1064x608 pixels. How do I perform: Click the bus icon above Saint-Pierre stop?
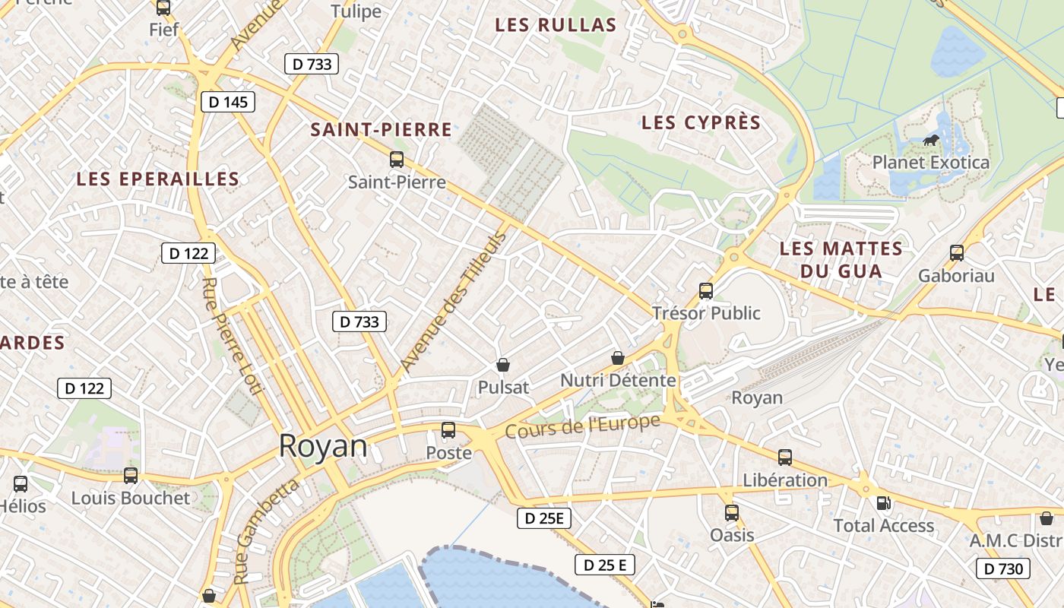396,160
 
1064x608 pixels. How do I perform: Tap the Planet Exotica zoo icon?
930,140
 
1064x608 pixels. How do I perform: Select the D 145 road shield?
228,102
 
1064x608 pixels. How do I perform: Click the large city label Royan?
323,446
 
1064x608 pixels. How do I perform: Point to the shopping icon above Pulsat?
502,365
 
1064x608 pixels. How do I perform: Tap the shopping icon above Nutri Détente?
618,357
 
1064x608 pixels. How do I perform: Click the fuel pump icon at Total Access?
883,503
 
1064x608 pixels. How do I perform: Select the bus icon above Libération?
785,458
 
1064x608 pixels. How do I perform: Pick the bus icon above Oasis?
732,512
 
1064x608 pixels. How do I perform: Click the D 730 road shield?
1003,568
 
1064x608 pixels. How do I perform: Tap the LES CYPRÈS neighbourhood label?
701,122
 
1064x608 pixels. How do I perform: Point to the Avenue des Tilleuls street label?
453,302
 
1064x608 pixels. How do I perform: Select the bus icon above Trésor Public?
706,290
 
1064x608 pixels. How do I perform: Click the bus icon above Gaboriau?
957,253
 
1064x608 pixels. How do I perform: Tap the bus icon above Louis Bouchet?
131,476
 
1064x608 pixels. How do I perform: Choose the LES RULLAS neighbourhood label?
556,25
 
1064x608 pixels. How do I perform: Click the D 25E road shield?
543,519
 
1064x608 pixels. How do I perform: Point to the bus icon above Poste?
448,430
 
